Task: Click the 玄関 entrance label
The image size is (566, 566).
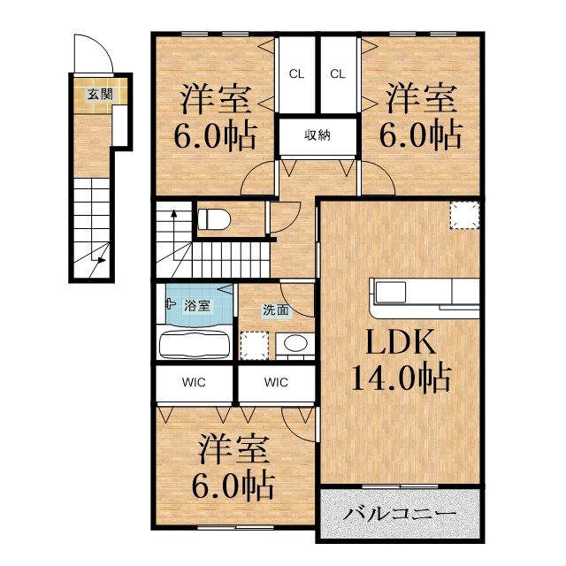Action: (101, 95)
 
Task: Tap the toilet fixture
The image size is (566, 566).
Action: (214, 219)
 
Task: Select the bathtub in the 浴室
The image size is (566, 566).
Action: (195, 345)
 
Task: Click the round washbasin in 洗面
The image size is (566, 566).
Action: (295, 343)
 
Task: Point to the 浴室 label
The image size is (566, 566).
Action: (197, 305)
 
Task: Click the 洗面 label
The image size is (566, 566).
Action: (275, 310)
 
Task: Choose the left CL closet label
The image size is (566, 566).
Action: (297, 74)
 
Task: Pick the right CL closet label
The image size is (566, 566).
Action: (338, 74)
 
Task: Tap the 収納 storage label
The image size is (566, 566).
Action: (317, 135)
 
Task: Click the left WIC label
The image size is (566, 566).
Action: (194, 382)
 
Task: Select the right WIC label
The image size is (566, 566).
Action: (276, 382)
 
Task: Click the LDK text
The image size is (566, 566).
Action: (401, 342)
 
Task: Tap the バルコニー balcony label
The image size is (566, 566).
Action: (400, 513)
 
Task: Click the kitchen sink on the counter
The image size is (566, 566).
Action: (390, 292)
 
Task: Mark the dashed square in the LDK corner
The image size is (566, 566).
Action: (464, 215)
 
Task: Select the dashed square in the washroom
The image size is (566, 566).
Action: (255, 346)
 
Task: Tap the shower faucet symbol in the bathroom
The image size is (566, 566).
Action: (170, 303)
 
